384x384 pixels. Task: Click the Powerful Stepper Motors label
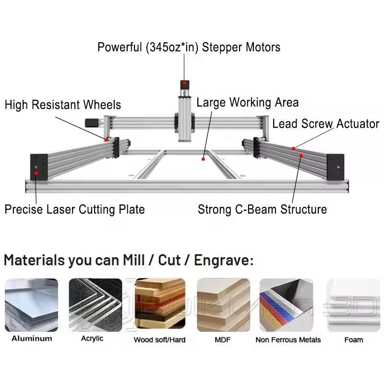tap(189, 47)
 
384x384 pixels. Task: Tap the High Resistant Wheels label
tap(63, 105)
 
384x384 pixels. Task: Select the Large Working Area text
tap(247, 102)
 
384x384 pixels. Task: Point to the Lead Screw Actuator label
tap(325, 124)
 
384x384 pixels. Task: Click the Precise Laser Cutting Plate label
tap(74, 209)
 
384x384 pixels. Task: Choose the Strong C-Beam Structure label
tap(262, 209)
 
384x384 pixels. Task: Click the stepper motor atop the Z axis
tap(184, 87)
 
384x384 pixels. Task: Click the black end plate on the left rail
tap(38, 167)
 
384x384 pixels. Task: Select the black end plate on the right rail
tap(336, 167)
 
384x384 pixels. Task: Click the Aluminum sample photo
tap(32, 305)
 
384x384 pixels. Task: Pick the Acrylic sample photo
tap(96, 305)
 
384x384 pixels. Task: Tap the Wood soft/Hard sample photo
tap(159, 305)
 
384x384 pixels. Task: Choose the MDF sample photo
tap(223, 305)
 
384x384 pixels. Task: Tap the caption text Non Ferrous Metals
tap(288, 340)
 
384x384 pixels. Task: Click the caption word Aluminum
tap(32, 338)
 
